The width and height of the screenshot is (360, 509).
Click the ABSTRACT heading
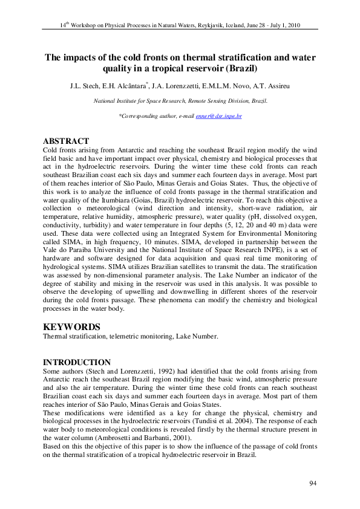click(67, 141)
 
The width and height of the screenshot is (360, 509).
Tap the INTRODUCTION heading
click(77, 362)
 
